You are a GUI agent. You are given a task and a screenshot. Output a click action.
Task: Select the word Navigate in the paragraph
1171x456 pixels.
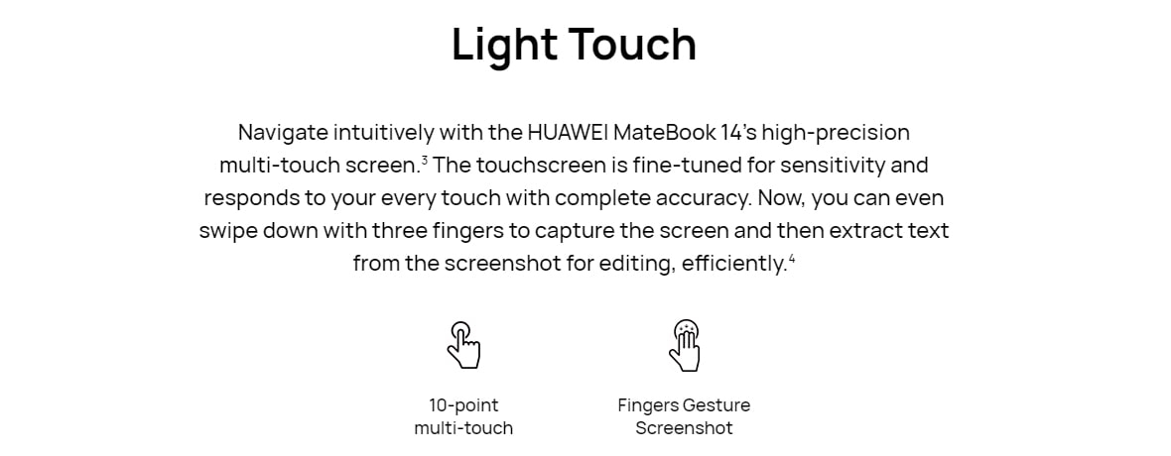click(283, 134)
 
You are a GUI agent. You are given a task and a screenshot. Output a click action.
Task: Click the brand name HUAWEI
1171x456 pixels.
click(568, 133)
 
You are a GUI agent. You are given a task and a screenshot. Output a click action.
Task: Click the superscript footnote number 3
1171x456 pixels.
click(424, 159)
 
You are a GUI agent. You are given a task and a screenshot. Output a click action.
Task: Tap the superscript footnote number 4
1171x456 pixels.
click(792, 259)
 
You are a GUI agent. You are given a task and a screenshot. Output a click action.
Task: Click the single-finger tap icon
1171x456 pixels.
click(463, 344)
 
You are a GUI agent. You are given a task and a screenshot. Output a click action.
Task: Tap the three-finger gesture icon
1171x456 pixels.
click(685, 345)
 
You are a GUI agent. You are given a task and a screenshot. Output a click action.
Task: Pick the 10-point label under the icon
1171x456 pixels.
click(463, 406)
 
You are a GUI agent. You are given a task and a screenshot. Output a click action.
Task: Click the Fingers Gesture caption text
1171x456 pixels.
click(684, 406)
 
